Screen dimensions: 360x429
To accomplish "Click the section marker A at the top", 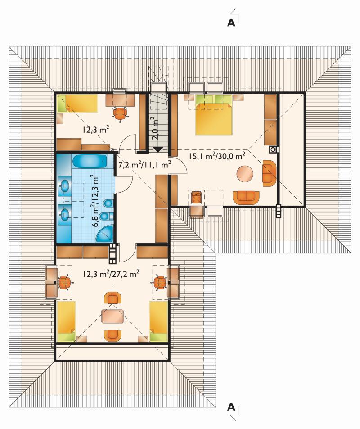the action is coord(231,23).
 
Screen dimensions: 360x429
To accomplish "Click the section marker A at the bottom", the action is coord(231,407).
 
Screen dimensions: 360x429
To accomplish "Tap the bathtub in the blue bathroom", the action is coord(90,162).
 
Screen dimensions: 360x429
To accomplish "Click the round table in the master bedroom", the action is coord(245,173).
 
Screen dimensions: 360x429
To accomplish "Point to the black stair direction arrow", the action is coord(158,149).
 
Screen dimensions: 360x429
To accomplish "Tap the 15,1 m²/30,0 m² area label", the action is coord(216,156).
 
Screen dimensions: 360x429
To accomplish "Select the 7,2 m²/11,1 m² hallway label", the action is coord(145,164).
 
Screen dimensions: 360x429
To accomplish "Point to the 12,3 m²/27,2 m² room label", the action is coord(111,274).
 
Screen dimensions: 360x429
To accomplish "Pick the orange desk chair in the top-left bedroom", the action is coord(120,113).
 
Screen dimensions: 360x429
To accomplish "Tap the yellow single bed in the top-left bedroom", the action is coord(78,104).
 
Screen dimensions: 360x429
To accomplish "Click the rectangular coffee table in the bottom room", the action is coord(112,316).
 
